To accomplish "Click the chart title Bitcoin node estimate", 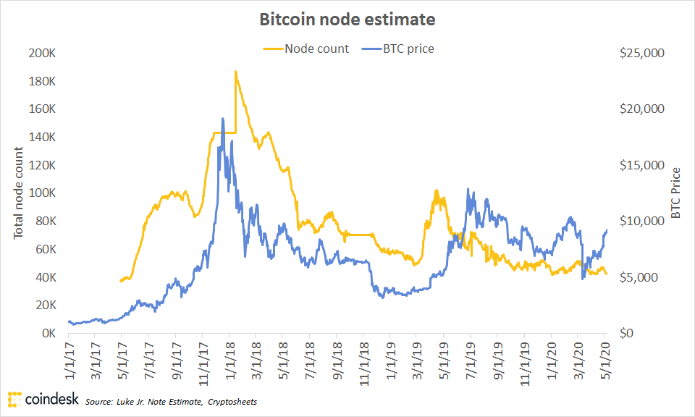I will tap(347, 20).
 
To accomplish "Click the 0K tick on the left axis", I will tap(49, 334).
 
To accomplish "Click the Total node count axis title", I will tap(19, 193).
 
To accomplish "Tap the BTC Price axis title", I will tap(675, 193).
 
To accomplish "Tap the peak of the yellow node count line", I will tap(236, 72).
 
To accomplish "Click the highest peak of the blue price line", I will tap(223, 119).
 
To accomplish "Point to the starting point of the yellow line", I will tap(121, 280).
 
